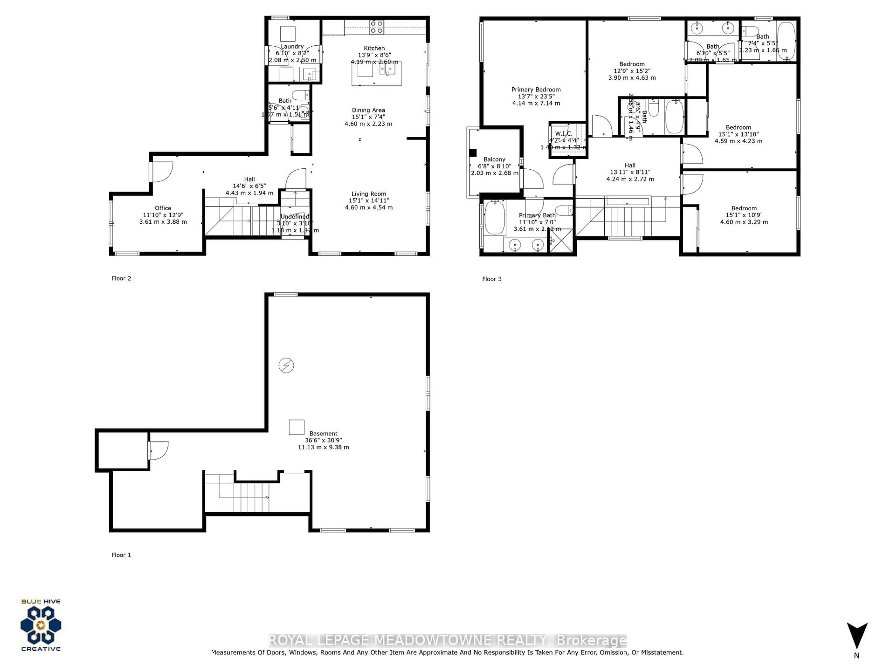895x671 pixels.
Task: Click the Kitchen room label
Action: (374, 48)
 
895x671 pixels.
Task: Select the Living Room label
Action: (368, 194)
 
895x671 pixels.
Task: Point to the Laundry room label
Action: (292, 47)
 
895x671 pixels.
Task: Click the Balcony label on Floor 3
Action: (494, 159)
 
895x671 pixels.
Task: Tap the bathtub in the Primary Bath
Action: (494, 218)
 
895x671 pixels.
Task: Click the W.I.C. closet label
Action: (563, 134)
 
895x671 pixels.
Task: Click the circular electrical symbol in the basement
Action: (286, 366)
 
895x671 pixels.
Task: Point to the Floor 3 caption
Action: (492, 279)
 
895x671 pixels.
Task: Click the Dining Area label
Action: (368, 110)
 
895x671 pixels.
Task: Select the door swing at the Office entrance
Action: (163, 171)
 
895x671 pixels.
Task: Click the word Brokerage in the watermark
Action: (592, 640)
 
